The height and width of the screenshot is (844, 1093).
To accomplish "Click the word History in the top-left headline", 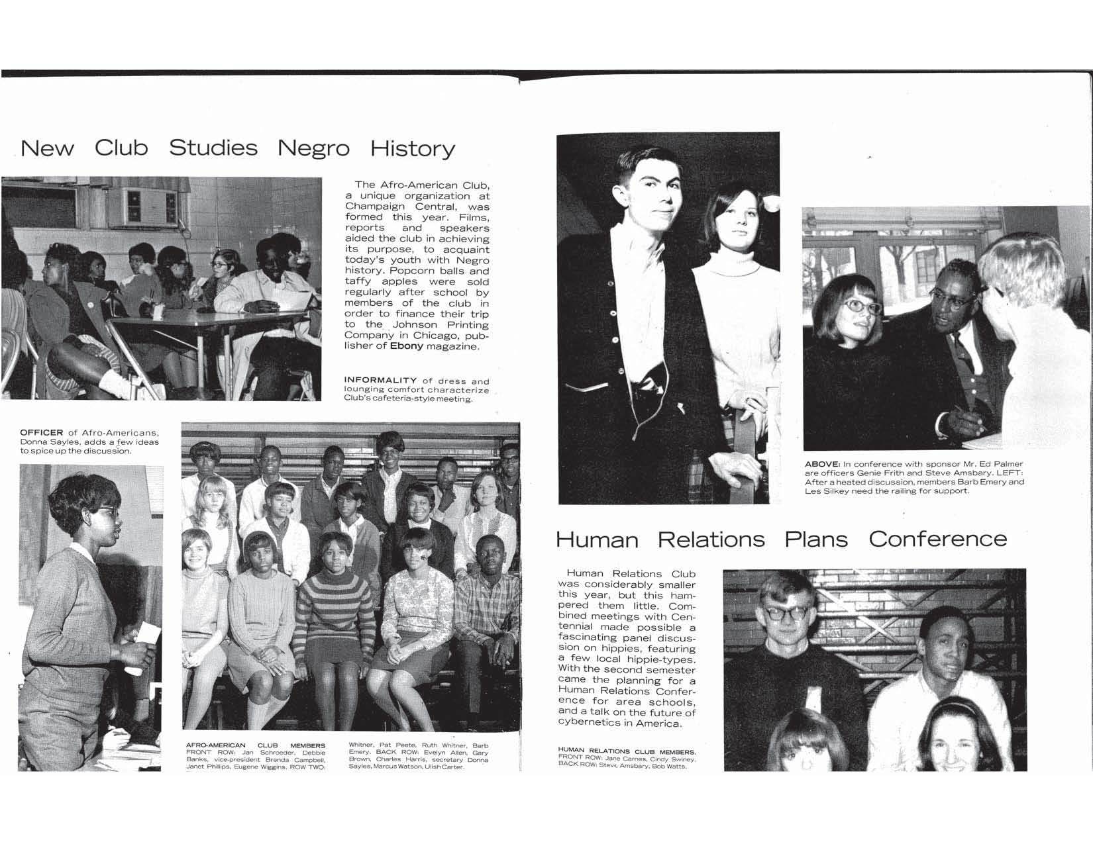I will click(412, 148).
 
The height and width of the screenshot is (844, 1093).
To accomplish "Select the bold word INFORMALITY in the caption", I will click(380, 381).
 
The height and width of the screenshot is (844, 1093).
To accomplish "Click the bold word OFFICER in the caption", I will click(41, 433).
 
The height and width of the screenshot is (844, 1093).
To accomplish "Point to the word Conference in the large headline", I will click(937, 539).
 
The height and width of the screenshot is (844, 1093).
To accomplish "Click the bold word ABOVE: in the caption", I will click(822, 463).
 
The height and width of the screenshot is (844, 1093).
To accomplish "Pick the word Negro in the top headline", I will click(313, 148).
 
